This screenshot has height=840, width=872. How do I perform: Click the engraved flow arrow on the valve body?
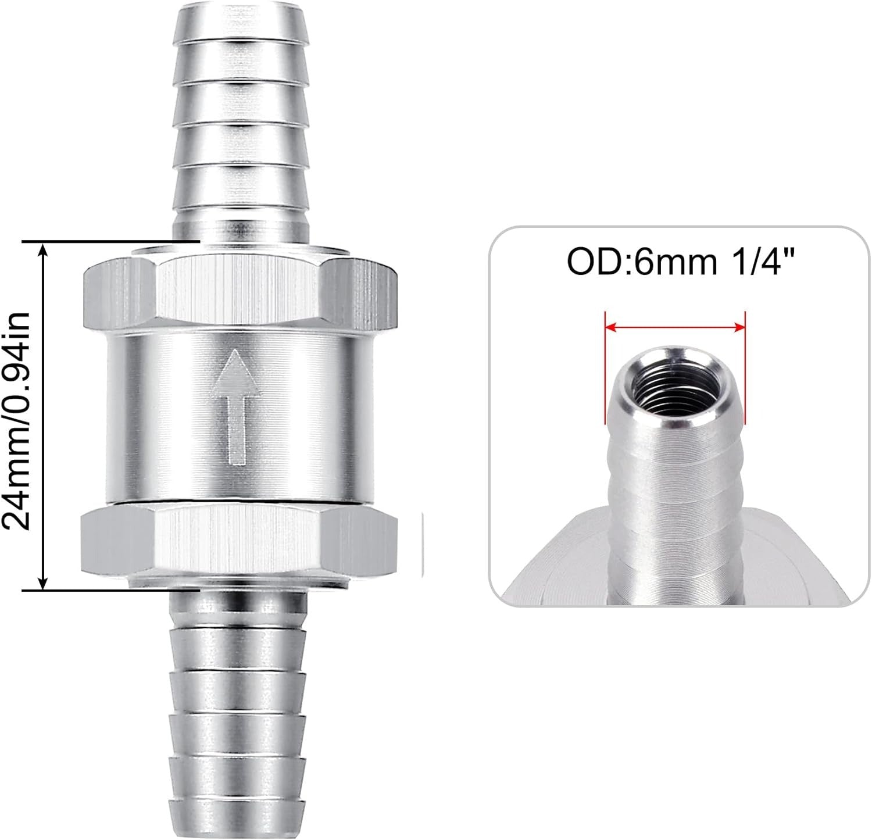(x=237, y=407)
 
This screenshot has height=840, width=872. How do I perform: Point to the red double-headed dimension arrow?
(x=675, y=328)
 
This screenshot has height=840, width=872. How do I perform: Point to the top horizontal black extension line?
(x=110, y=241)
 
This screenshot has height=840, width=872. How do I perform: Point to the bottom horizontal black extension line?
(x=110, y=589)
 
